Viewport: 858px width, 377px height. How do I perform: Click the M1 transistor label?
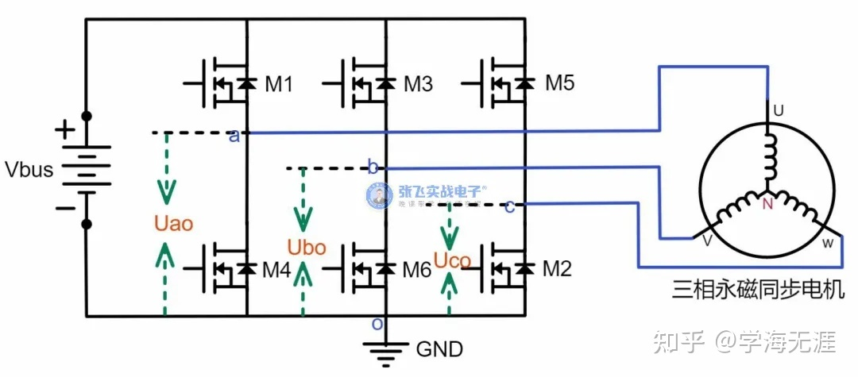pyautogui.click(x=277, y=83)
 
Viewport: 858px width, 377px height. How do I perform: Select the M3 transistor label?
pyautogui.click(x=418, y=83)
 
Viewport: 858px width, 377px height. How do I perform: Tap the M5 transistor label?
pyautogui.click(x=559, y=83)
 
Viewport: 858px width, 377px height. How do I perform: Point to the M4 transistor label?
pyautogui.click(x=277, y=270)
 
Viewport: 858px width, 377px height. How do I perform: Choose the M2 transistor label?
pyautogui.click(x=557, y=270)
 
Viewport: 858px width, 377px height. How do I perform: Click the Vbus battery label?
pyautogui.click(x=29, y=169)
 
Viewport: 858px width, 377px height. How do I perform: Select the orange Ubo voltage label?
pyautogui.click(x=307, y=248)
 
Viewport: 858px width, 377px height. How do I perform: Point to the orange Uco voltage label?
pyautogui.click(x=452, y=259)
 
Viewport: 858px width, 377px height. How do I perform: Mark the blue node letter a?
pyautogui.click(x=234, y=136)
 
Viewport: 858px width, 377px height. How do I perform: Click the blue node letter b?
pyautogui.click(x=372, y=167)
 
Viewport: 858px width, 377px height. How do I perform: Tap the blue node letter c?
pyautogui.click(x=509, y=206)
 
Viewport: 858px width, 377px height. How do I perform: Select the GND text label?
pyautogui.click(x=439, y=348)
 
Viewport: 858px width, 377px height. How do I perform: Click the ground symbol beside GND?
pyautogui.click(x=385, y=351)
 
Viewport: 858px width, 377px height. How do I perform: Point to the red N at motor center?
pyautogui.click(x=767, y=204)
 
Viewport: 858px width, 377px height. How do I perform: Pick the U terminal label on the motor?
pyautogui.click(x=779, y=112)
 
